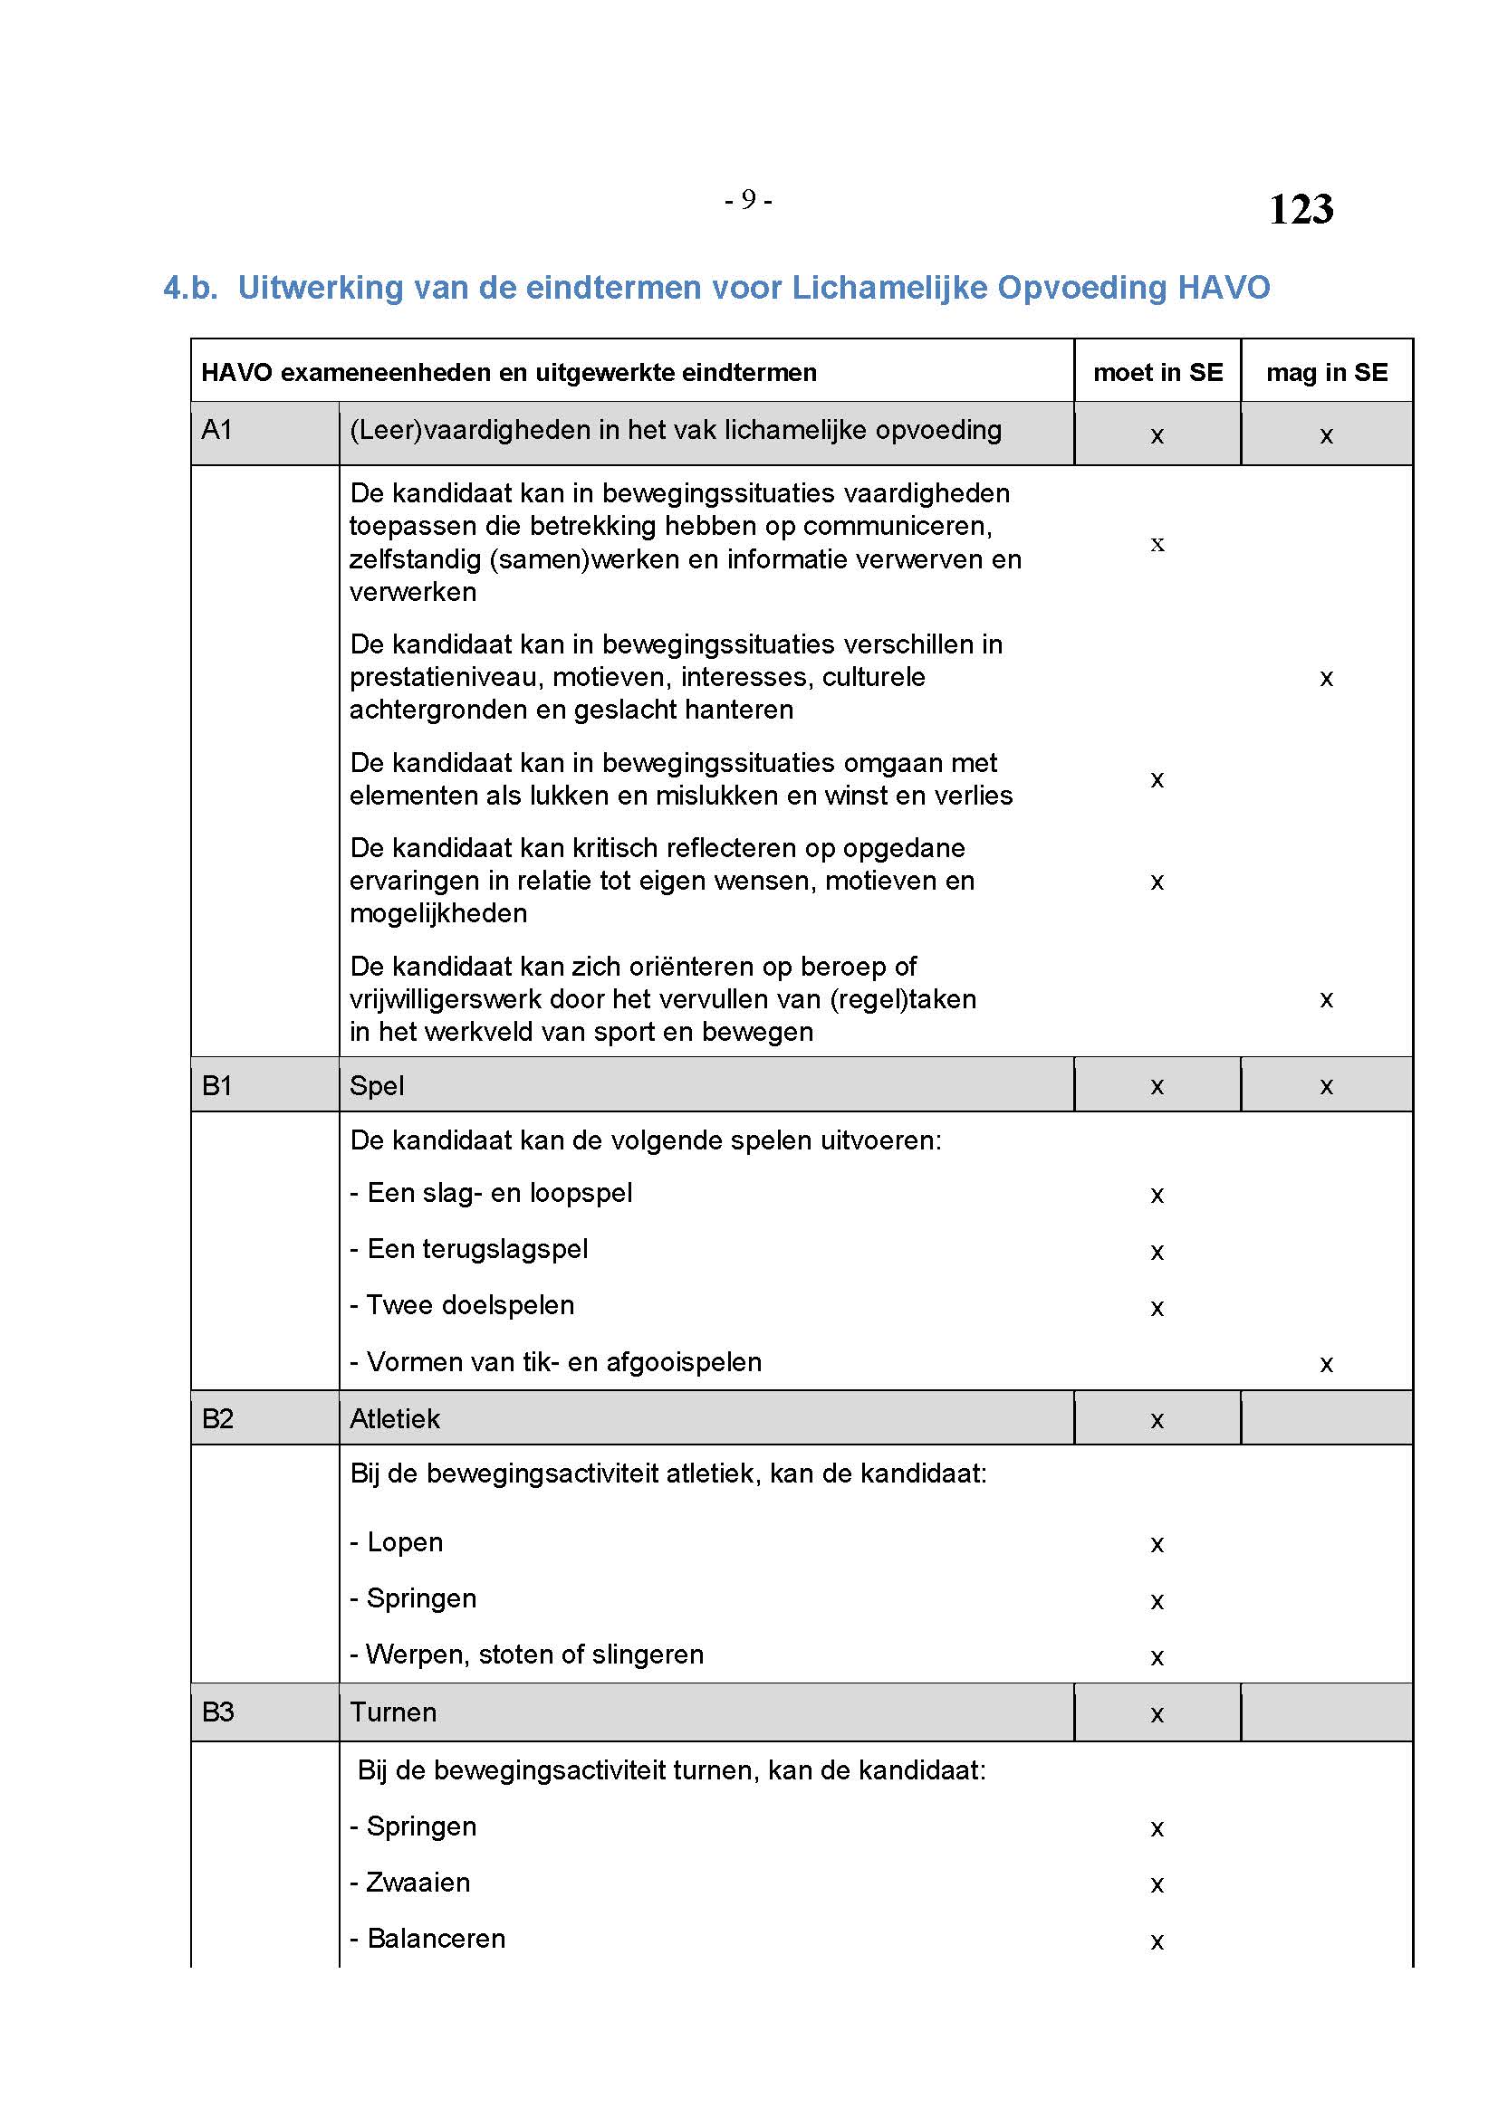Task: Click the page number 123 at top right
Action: point(1300,209)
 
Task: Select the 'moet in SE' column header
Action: point(1157,373)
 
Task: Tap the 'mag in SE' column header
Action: point(1327,373)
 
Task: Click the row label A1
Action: point(216,430)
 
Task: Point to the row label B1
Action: point(216,1086)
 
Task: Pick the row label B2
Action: point(216,1418)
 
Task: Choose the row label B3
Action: point(216,1712)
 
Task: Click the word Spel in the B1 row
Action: point(377,1086)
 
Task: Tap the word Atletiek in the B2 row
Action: point(394,1418)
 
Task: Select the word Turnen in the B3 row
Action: point(393,1712)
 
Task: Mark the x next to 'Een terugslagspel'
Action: point(1157,1252)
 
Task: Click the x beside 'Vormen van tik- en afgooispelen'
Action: point(1327,1365)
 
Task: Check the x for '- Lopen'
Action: point(1157,1545)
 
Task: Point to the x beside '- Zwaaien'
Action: point(1157,1885)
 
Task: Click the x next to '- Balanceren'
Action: point(1157,1941)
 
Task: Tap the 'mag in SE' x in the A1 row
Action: point(1327,436)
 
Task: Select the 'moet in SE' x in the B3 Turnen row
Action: point(1157,1715)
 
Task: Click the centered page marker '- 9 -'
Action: point(748,200)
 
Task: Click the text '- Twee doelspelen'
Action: point(462,1306)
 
